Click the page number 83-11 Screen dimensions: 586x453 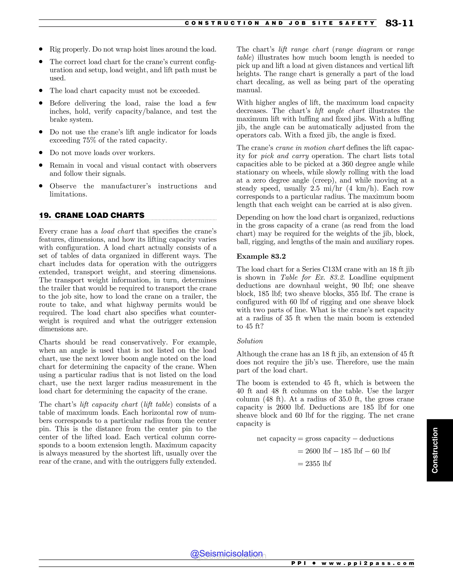pyautogui.click(x=399, y=23)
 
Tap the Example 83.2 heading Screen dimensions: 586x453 pyautogui.click(x=261, y=257)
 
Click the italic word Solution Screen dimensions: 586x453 pyautogui.click(x=250, y=341)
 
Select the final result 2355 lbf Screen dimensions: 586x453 pyautogui.click(x=318, y=464)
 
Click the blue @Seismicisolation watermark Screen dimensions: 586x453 pyautogui.click(x=226, y=553)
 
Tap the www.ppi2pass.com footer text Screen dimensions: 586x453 pyautogui.click(x=368, y=563)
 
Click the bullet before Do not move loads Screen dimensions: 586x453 pyautogui.click(x=41, y=153)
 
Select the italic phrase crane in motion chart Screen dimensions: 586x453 pyautogui.click(x=310, y=148)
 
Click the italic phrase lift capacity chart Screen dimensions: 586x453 pyautogui.click(x=109, y=404)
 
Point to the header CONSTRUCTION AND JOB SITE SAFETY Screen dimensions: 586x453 pyautogui.click(x=280, y=23)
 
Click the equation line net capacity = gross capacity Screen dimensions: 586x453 pyautogui.click(x=325, y=439)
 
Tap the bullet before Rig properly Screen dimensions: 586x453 pyautogui.click(x=41, y=49)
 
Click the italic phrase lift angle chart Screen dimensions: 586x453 pyautogui.click(x=340, y=111)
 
